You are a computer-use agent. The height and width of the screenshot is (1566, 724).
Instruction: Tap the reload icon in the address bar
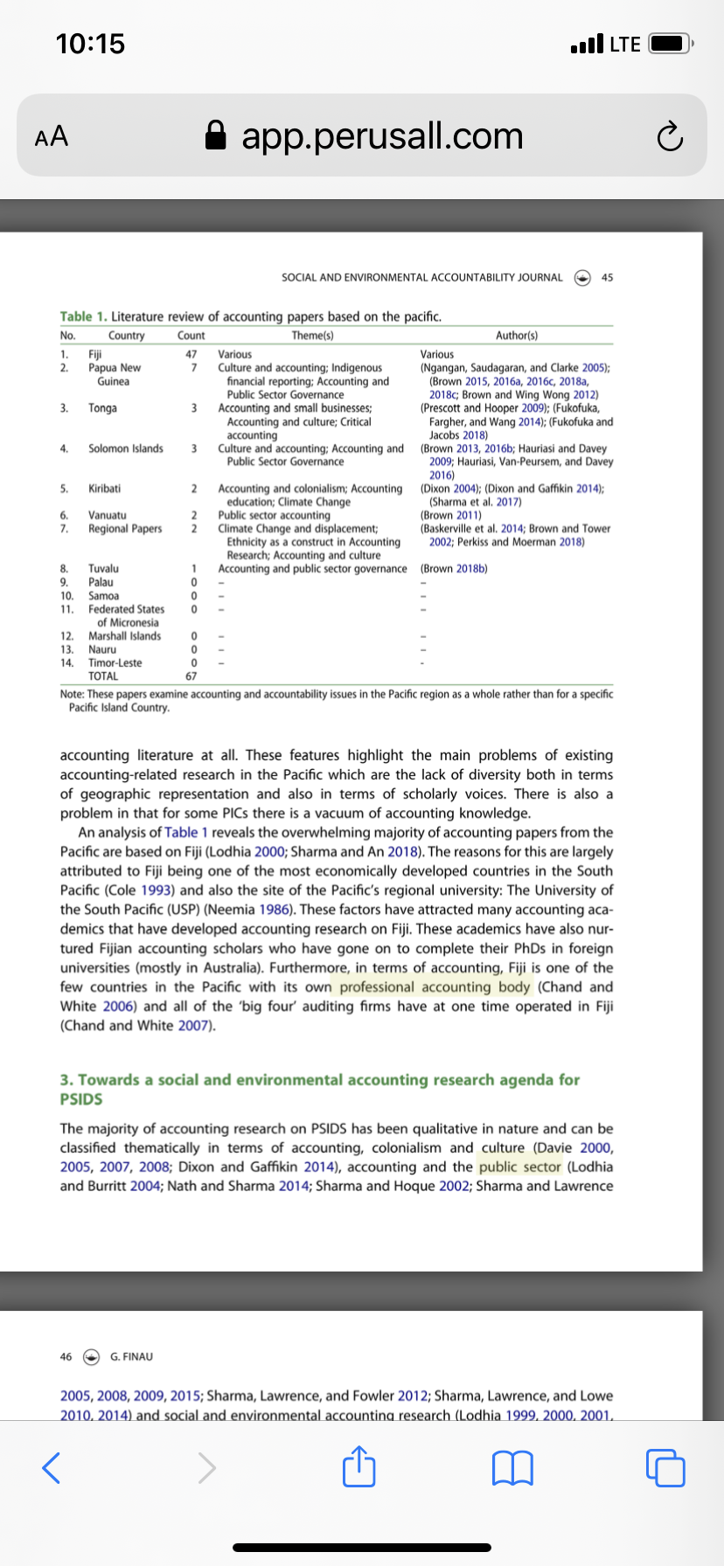tap(669, 137)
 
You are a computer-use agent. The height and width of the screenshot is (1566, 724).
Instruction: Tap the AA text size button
tap(52, 136)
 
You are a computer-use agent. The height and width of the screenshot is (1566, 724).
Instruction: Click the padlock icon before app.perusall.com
tap(216, 136)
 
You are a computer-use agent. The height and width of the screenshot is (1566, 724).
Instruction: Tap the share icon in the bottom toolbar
tap(359, 1467)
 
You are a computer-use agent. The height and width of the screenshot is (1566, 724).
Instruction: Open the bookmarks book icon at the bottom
tap(513, 1468)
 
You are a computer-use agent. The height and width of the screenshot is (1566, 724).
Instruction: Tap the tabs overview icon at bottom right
tap(666, 1468)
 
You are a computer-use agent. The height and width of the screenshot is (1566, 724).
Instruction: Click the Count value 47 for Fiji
tap(191, 354)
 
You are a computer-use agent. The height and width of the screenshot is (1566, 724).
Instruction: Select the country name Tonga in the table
tap(102, 408)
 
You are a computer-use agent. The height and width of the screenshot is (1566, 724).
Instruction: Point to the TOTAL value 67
tap(191, 676)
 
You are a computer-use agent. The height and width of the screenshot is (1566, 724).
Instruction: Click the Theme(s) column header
tap(312, 336)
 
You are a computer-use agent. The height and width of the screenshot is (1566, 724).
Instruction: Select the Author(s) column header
tap(516, 336)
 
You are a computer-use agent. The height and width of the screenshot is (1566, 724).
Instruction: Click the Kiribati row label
tap(104, 489)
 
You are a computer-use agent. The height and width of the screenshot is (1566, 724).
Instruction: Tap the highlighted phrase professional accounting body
tap(435, 987)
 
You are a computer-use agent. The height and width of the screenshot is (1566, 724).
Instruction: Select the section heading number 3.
tap(66, 1079)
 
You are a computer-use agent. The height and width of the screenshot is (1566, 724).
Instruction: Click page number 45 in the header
tap(608, 277)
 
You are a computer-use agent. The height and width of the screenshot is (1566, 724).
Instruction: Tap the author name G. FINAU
tap(131, 1356)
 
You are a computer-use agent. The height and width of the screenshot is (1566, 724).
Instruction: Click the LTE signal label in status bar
tap(624, 44)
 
